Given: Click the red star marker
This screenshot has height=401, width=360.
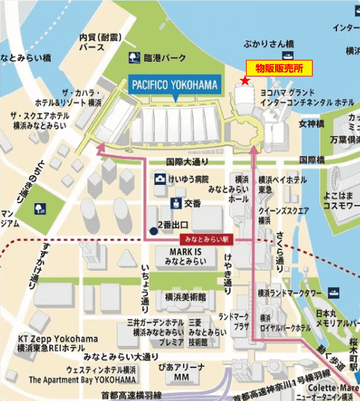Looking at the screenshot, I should pyautogui.click(x=245, y=81).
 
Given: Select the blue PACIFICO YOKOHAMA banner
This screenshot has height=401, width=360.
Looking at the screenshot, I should pyautogui.click(x=174, y=85).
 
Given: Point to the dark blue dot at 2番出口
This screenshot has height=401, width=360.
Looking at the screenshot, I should pyautogui.click(x=152, y=231).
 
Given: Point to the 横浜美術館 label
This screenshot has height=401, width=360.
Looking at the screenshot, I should pyautogui.click(x=182, y=297).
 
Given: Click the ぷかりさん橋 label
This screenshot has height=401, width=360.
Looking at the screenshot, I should pyautogui.click(x=268, y=45).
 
